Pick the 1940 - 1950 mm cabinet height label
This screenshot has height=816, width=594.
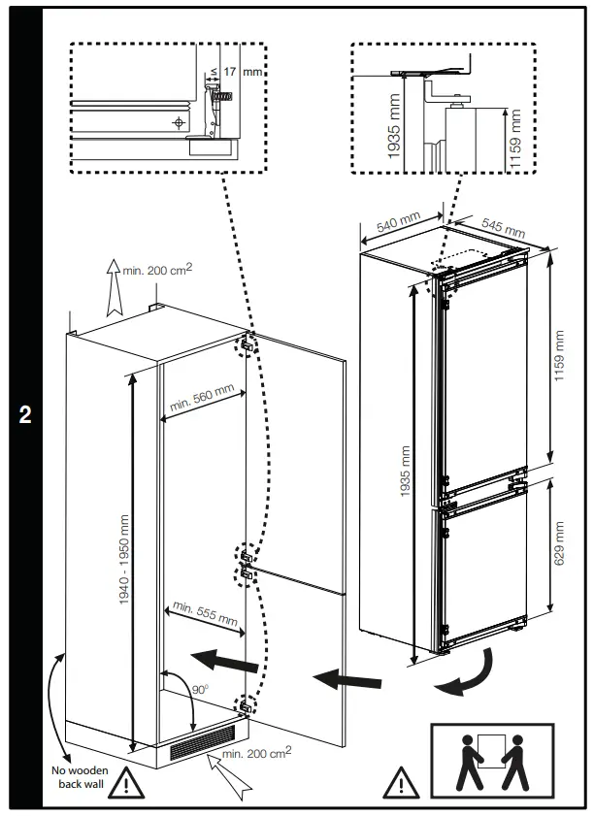point(124,561)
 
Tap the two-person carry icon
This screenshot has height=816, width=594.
point(491,760)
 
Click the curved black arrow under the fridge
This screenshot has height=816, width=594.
point(466,678)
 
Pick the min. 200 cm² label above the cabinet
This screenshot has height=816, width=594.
point(157,269)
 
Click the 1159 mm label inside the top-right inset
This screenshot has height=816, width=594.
point(515,136)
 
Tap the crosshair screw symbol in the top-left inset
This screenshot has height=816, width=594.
point(178,122)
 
